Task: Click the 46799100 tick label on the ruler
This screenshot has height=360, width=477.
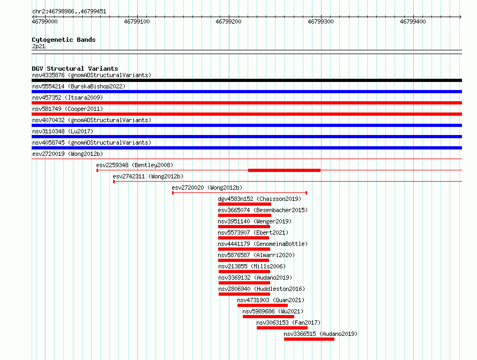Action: click(x=137, y=21)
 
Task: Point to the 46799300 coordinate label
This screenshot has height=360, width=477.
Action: click(x=321, y=21)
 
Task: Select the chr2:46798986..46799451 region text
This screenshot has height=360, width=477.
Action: click(x=69, y=12)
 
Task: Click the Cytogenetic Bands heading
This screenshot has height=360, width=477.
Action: click(x=64, y=40)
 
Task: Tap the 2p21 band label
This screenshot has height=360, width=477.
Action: click(x=39, y=46)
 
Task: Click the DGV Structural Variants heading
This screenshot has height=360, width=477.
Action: click(x=75, y=69)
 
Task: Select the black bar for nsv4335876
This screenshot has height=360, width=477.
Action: click(x=247, y=80)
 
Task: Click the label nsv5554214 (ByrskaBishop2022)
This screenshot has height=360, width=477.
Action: click(x=79, y=86)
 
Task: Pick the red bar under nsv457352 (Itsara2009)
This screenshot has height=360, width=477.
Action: click(x=247, y=103)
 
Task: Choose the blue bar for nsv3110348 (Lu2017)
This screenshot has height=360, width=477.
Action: click(x=247, y=137)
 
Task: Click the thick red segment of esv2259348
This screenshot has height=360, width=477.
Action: click(x=284, y=170)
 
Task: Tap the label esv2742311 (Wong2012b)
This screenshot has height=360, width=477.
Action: click(x=148, y=176)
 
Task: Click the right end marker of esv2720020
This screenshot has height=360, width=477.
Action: click(x=307, y=193)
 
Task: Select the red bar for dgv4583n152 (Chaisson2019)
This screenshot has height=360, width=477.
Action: click(x=244, y=204)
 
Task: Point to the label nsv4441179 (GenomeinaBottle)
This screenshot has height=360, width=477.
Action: click(x=263, y=244)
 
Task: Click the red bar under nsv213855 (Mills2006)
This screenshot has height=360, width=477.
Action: click(x=244, y=272)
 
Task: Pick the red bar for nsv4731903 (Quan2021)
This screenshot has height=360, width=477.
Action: click(x=263, y=305)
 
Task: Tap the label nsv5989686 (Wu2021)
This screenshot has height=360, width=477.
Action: click(x=273, y=311)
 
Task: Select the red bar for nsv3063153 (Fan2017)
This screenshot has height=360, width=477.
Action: click(x=282, y=328)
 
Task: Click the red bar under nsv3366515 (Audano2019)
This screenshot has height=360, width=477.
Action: click(x=309, y=339)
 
